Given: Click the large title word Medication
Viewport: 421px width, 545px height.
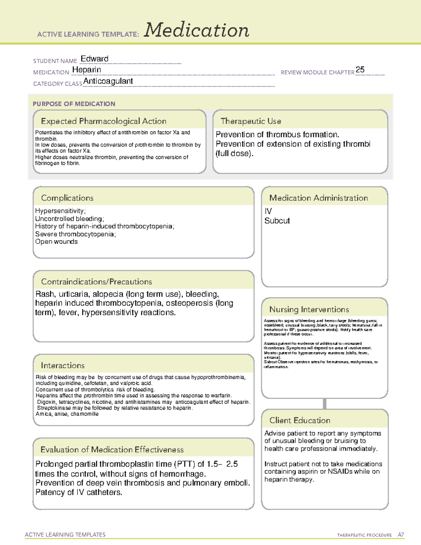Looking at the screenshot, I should pos(196,30).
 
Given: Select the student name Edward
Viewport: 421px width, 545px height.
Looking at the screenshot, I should pos(94,59).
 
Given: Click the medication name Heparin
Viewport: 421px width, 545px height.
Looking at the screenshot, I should pos(87,70).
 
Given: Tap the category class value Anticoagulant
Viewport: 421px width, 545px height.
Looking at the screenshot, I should pos(108,81).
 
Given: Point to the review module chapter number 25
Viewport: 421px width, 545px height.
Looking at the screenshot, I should pos(360,70).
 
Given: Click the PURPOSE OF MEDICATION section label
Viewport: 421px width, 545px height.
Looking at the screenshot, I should pos(74,104).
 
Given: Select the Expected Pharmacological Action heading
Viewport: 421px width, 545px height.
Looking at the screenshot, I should pos(103,121).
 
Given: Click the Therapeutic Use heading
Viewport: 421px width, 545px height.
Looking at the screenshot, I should pos(251,121).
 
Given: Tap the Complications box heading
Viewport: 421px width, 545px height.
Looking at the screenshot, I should pos(67,198).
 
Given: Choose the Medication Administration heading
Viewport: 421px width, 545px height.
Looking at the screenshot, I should pos(319,198).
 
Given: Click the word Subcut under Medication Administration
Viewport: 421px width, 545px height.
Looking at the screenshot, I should pos(277,221).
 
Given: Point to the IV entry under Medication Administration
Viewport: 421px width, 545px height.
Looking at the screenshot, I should pos(268,211).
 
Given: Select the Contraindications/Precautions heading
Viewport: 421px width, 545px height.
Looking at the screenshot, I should pos(96,282).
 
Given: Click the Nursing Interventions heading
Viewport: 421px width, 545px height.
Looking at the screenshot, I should pos(309,310).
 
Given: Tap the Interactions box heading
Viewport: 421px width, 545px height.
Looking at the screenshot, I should pos(63,366).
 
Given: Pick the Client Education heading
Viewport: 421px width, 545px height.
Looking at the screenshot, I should pos(300,420).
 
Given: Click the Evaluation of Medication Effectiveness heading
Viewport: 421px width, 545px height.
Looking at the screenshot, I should pos(112,450).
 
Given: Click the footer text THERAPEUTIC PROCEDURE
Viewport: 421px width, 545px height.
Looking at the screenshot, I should pos(364,535).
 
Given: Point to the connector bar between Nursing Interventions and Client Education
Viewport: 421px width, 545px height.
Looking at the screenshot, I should pos(325,404).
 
